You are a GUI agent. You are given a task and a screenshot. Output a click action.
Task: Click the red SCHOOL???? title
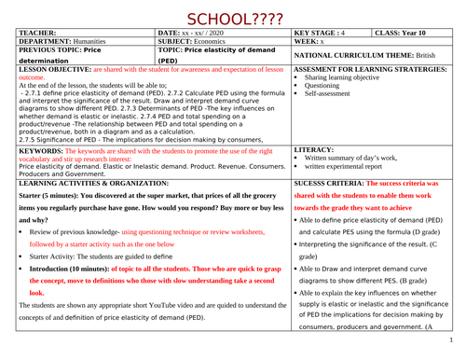pos(232,16)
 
